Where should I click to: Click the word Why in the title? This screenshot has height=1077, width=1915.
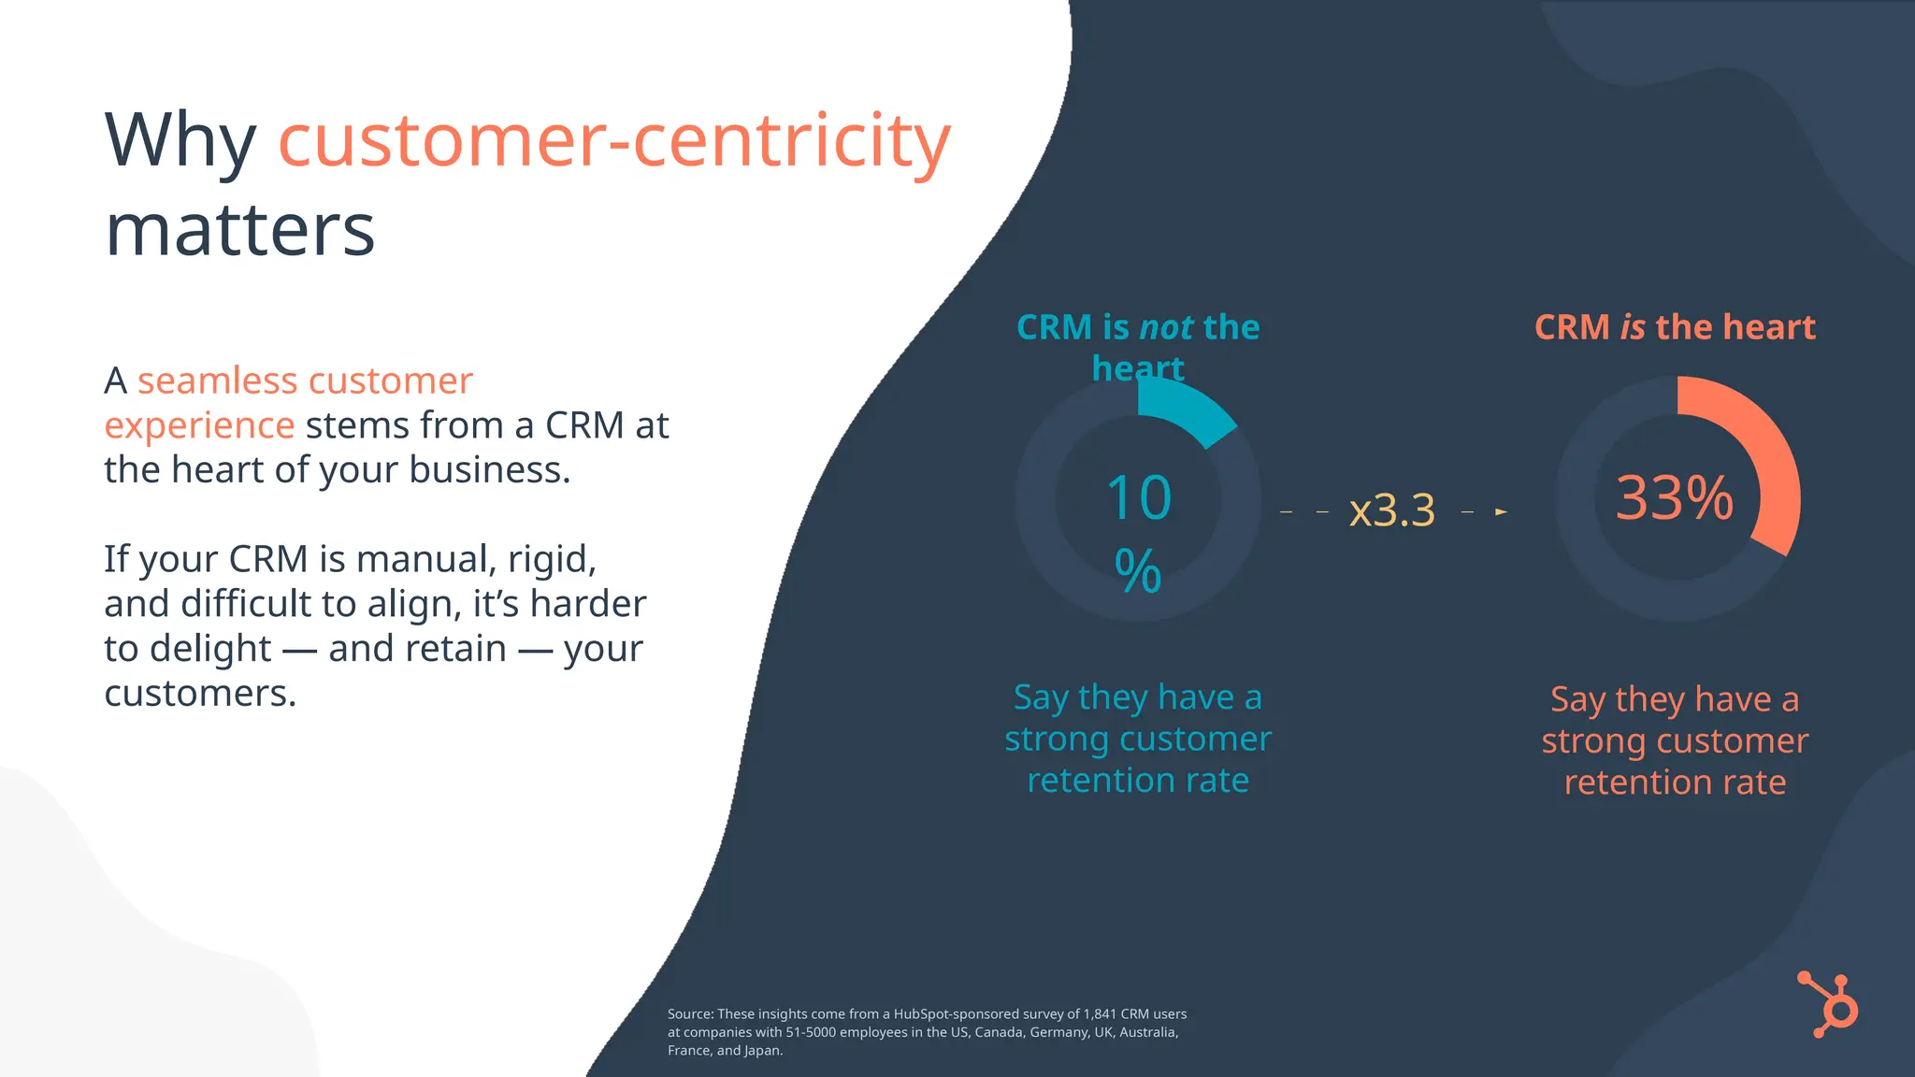point(180,140)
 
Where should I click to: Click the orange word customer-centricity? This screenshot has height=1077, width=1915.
point(614,140)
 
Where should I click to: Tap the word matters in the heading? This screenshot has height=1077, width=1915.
point(240,230)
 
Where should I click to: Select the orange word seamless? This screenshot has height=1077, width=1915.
point(217,381)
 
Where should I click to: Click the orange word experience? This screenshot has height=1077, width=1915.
point(199,425)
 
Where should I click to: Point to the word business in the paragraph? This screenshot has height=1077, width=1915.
point(489,469)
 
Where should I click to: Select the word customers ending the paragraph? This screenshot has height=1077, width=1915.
point(199,694)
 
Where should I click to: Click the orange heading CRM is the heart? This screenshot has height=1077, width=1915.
point(1675,328)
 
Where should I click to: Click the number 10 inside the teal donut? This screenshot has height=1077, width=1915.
point(1138,498)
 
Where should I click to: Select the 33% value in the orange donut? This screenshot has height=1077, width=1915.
point(1675,498)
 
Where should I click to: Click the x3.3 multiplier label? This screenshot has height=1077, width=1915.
point(1391,511)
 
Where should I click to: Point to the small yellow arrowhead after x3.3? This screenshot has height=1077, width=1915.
point(1501,511)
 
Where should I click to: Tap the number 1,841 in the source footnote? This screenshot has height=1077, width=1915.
point(1100,1013)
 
